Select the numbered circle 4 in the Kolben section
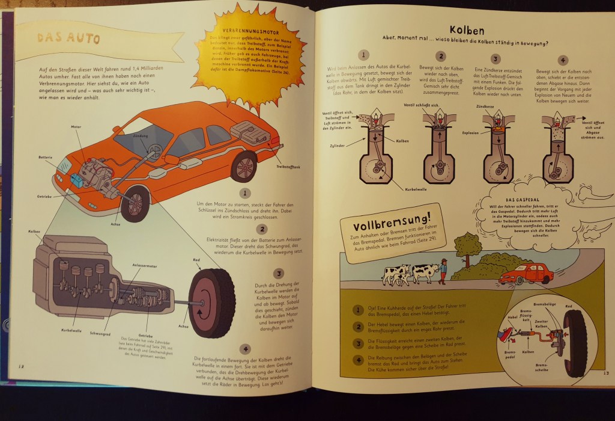point(563,60)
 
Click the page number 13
point(605,373)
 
